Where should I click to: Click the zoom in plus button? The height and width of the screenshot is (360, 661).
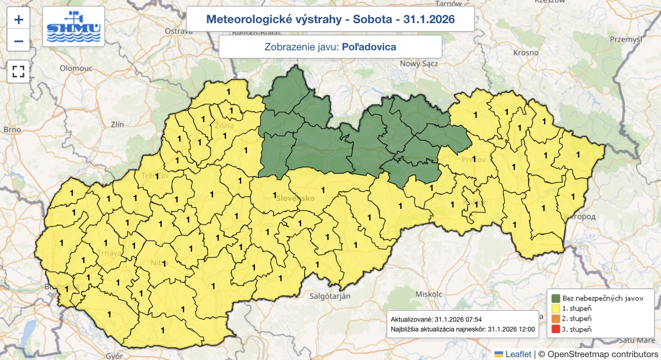coord(19,19)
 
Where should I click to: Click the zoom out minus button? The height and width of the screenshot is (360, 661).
coord(19,41)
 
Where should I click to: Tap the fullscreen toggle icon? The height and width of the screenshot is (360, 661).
coord(19,72)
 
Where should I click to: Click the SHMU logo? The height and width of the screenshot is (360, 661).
coord(74,26)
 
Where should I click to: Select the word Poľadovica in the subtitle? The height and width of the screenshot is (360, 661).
coord(369,47)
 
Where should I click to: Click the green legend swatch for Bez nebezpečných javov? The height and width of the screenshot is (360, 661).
coord(556,298)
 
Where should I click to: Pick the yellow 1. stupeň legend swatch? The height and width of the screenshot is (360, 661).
coord(556,308)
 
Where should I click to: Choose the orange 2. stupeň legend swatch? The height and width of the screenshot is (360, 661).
coord(556,319)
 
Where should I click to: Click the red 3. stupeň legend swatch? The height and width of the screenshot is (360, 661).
coord(556,329)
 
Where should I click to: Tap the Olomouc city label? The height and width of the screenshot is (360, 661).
coord(76,68)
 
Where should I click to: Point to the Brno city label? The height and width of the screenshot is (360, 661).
coord(12,129)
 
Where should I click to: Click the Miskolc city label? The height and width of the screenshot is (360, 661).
coord(428,294)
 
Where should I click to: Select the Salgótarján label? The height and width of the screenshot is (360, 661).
coord(330,296)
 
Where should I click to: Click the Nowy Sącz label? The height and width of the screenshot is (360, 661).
coord(418,64)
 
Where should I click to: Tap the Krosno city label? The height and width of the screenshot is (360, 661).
coord(525,52)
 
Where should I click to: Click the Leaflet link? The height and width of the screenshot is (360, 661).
coord(518,354)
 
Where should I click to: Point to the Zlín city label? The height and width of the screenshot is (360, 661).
coord(117,124)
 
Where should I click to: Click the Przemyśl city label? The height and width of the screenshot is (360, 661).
coord(626,39)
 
